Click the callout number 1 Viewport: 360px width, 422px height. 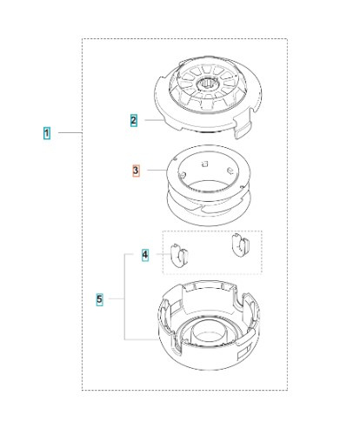pyautogui.click(x=46, y=134)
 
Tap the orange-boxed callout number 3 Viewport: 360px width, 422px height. pyautogui.click(x=135, y=171)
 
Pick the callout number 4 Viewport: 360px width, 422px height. pyautogui.click(x=145, y=255)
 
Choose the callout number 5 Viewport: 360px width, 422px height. pyautogui.click(x=100, y=299)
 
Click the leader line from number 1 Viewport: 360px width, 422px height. pyautogui.click(x=69, y=134)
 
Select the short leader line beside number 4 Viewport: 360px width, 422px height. pyautogui.click(x=157, y=255)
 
